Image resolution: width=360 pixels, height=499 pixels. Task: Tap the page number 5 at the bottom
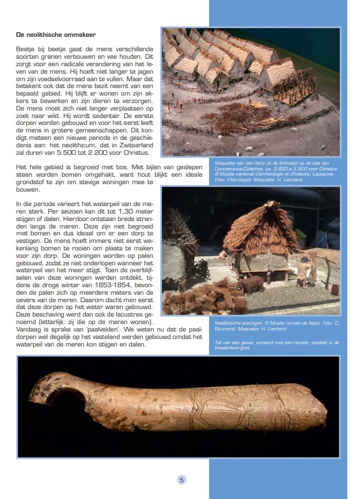point(181,479)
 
